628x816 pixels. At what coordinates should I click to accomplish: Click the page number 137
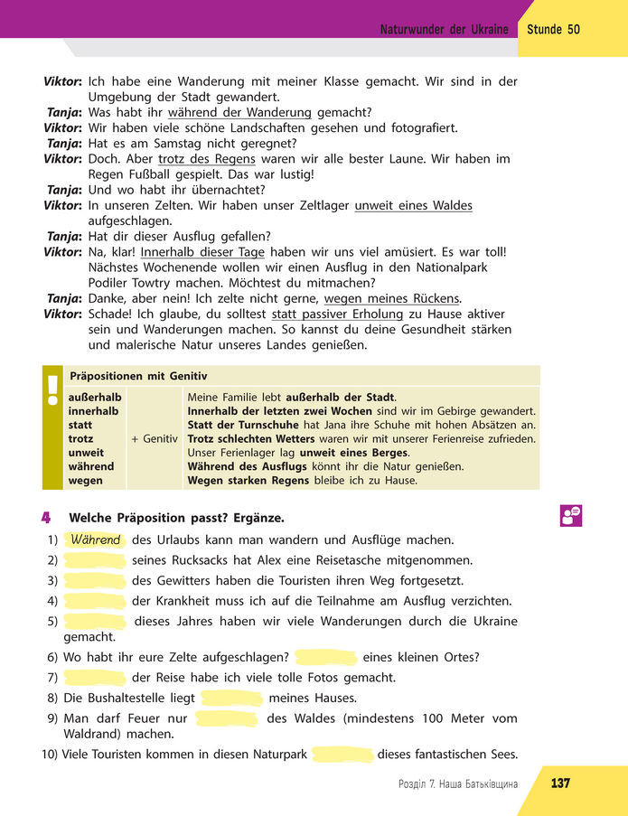(560, 783)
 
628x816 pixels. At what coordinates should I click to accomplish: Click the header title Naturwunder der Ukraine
(444, 30)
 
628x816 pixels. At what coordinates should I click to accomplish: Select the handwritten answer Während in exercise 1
(95, 540)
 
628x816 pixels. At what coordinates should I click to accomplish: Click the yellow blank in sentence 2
(94, 560)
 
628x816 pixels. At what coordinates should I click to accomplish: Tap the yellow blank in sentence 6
(326, 657)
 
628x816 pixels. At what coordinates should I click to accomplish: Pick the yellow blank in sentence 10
(342, 755)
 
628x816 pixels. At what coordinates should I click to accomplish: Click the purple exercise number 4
(45, 518)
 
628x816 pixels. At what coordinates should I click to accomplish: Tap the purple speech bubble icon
(570, 515)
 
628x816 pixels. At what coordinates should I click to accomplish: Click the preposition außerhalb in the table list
(95, 397)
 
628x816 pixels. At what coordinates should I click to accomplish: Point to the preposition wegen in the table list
(86, 481)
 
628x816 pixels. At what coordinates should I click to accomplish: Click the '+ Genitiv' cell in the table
(154, 438)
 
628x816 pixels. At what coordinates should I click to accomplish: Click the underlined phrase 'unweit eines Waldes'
(413, 206)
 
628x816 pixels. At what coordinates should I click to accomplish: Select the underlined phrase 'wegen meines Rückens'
(391, 299)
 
